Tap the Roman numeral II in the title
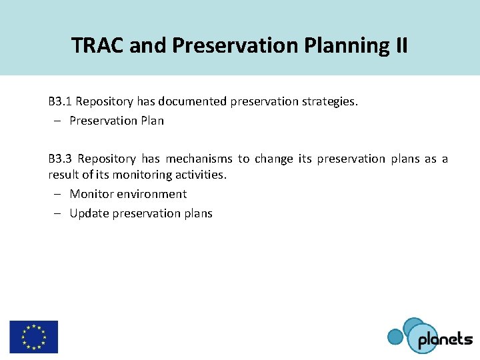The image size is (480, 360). tap(400, 45)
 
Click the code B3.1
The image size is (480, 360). tap(60, 102)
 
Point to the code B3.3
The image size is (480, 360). tap(60, 159)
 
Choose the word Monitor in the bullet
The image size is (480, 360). tap(91, 194)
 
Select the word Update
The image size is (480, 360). tap(89, 213)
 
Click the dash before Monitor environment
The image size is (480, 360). tap(58, 194)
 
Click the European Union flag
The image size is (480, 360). tap(33, 337)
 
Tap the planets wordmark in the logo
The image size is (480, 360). tap(445, 339)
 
